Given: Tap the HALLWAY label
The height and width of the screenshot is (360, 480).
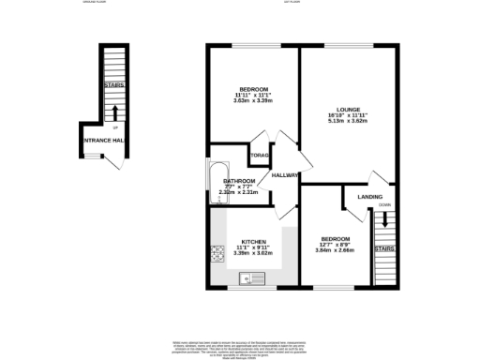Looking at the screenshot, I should point(284,175).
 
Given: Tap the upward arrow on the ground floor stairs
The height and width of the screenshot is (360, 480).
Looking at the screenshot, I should point(114,97).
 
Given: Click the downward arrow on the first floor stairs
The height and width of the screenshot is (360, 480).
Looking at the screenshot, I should point(384,223).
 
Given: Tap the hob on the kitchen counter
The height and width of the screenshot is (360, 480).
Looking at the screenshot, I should point(217,251).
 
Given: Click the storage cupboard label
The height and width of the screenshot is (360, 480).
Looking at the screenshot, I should point(259,156).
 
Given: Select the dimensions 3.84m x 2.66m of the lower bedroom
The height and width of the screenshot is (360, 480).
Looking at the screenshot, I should point(335,250).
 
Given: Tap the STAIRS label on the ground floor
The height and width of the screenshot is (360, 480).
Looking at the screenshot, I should point(114,85).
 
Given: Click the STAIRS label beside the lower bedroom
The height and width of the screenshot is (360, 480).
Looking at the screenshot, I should point(384,249).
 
